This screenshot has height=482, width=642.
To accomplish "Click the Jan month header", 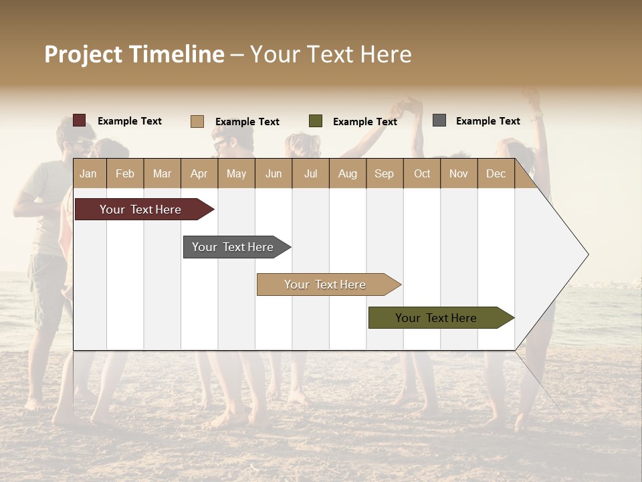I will (x=88, y=174).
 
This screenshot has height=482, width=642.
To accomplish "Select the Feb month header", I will (x=125, y=174).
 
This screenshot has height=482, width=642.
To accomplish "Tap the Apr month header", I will (x=199, y=174).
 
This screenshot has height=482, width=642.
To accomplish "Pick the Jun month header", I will (x=274, y=174).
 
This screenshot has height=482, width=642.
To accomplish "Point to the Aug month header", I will (x=347, y=174).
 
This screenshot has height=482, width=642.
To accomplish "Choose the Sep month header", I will (x=384, y=174).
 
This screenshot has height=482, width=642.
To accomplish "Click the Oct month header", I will (x=422, y=174).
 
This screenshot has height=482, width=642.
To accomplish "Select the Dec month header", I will (x=496, y=174).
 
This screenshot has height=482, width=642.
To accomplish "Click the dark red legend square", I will (x=80, y=120).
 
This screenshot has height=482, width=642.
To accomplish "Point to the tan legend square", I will (x=197, y=121).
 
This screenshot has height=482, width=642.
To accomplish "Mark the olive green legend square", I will (x=316, y=121).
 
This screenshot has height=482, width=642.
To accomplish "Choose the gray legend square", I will (x=439, y=120).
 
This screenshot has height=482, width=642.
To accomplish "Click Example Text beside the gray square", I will (x=488, y=121).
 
